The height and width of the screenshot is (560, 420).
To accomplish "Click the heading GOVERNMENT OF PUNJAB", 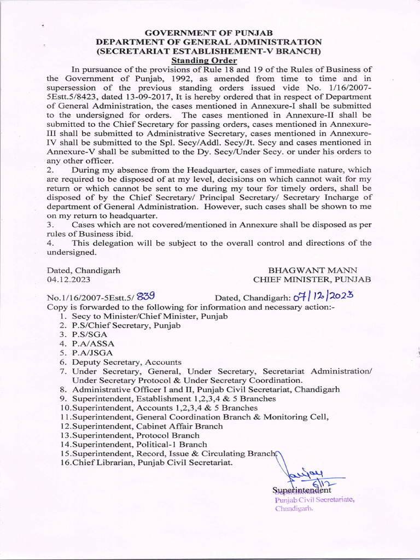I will click(209, 33).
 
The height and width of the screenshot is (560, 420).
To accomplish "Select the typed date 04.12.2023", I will click(68, 279).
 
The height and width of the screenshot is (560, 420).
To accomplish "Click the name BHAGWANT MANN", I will click(312, 270).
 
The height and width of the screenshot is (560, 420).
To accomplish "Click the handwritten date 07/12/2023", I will click(324, 297).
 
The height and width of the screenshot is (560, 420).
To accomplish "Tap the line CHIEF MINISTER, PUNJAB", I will click(312, 279).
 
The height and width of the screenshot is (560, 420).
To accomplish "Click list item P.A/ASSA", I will click(94, 343).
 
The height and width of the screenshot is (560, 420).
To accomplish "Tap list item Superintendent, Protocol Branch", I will click(136, 435).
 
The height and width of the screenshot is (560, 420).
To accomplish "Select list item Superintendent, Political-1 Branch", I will click(139, 445).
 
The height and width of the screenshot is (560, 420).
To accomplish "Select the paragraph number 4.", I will click(50, 243).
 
